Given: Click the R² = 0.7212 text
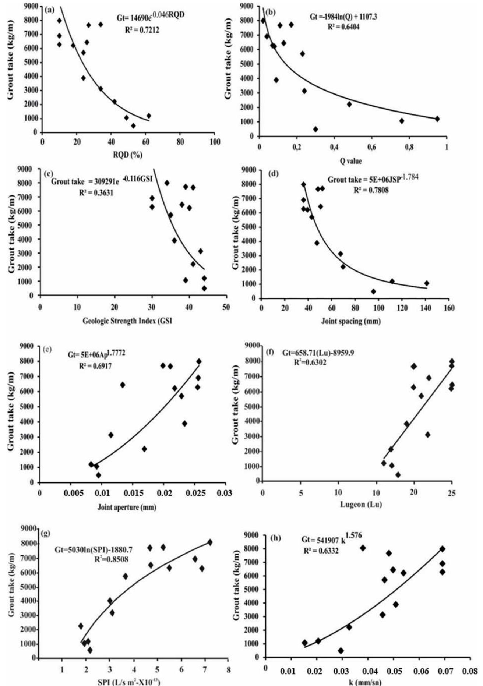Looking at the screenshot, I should pyautogui.click(x=142, y=31).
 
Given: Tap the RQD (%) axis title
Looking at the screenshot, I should pyautogui.click(x=127, y=155).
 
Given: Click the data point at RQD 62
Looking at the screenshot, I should pyautogui.click(x=149, y=116).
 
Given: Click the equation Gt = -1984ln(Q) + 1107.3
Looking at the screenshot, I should pyautogui.click(x=343, y=17).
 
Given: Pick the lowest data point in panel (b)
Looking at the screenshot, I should pyautogui.click(x=315, y=129).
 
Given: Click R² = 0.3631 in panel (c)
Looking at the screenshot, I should pyautogui.click(x=96, y=192).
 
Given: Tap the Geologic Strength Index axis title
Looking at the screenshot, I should pyautogui.click(x=127, y=321).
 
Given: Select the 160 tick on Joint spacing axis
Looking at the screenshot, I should pyautogui.click(x=448, y=308).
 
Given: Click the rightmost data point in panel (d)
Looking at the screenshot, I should pyautogui.click(x=427, y=283).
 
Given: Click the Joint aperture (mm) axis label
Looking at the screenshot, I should pyautogui.click(x=127, y=508).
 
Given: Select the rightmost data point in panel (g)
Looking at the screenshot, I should pyautogui.click(x=210, y=542).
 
